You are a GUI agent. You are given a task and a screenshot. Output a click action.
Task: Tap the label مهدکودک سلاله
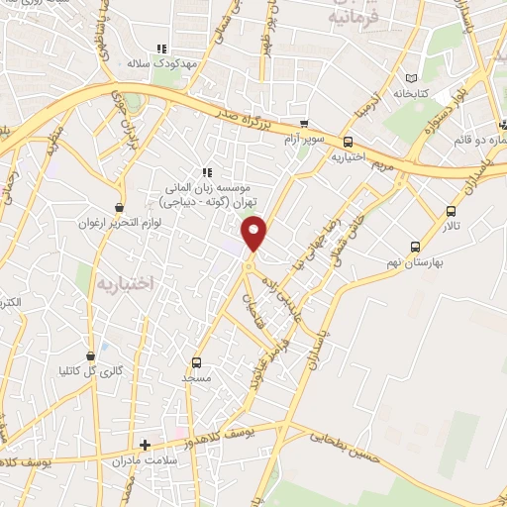pyautogui.click(x=164, y=62)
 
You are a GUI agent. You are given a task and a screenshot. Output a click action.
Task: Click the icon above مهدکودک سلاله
pyautogui.click(x=162, y=48)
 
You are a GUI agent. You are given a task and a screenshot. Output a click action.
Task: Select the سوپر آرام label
pyautogui.click(x=303, y=139)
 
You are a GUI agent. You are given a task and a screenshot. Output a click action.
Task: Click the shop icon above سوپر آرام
pyautogui.click(x=304, y=125)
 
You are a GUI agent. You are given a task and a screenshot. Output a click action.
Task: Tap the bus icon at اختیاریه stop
pyautogui.click(x=348, y=143)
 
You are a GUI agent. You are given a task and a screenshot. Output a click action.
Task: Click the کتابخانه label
pyautogui.click(x=412, y=94)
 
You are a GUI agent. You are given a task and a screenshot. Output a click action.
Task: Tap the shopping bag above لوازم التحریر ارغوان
pyautogui.click(x=120, y=208)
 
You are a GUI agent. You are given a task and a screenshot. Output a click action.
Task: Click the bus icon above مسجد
pyautogui.click(x=196, y=362)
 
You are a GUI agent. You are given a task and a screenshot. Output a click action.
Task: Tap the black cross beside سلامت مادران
pyautogui.click(x=145, y=446)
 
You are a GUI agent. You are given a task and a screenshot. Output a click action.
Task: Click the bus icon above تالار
pyautogui.click(x=452, y=211)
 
